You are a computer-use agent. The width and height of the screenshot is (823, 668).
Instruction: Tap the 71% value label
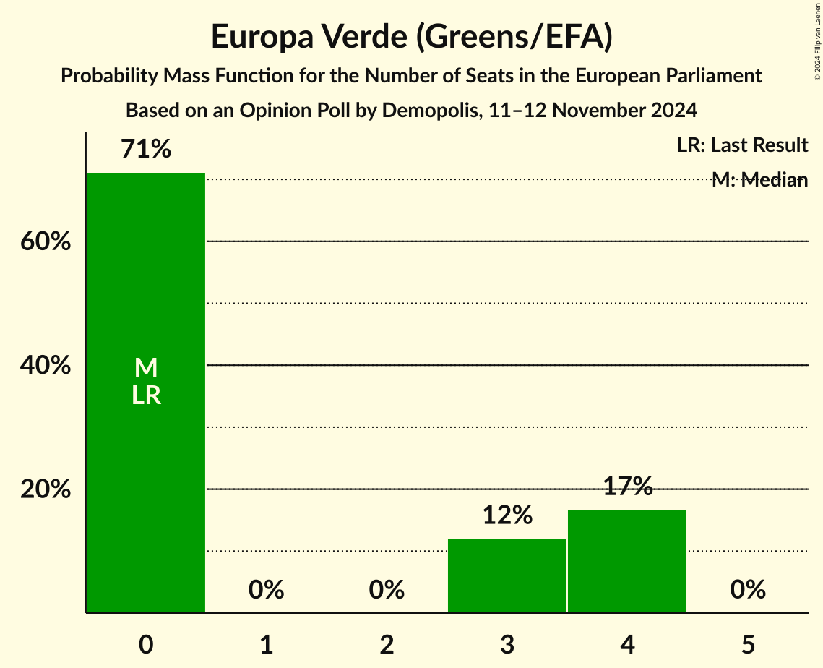click(x=146, y=150)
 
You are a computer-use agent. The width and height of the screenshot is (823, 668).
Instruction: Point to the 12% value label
click(x=507, y=515)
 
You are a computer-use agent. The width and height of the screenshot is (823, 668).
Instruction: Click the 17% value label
click(x=627, y=487)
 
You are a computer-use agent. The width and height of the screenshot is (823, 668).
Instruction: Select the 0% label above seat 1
click(x=266, y=590)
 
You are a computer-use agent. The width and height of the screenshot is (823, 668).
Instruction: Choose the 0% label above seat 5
click(x=747, y=590)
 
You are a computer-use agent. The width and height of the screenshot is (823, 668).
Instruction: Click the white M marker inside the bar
click(x=146, y=368)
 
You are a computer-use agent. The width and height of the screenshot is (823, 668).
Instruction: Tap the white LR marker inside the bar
click(x=146, y=395)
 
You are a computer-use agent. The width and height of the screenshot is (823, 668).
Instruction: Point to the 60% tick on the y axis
click(x=46, y=241)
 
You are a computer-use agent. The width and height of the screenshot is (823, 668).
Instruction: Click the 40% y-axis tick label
click(x=46, y=366)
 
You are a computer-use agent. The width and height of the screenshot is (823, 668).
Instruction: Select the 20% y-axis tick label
click(x=46, y=489)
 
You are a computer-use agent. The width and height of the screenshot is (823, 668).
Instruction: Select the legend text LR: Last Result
click(x=742, y=145)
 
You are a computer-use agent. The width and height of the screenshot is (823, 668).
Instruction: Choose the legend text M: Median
click(x=759, y=180)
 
